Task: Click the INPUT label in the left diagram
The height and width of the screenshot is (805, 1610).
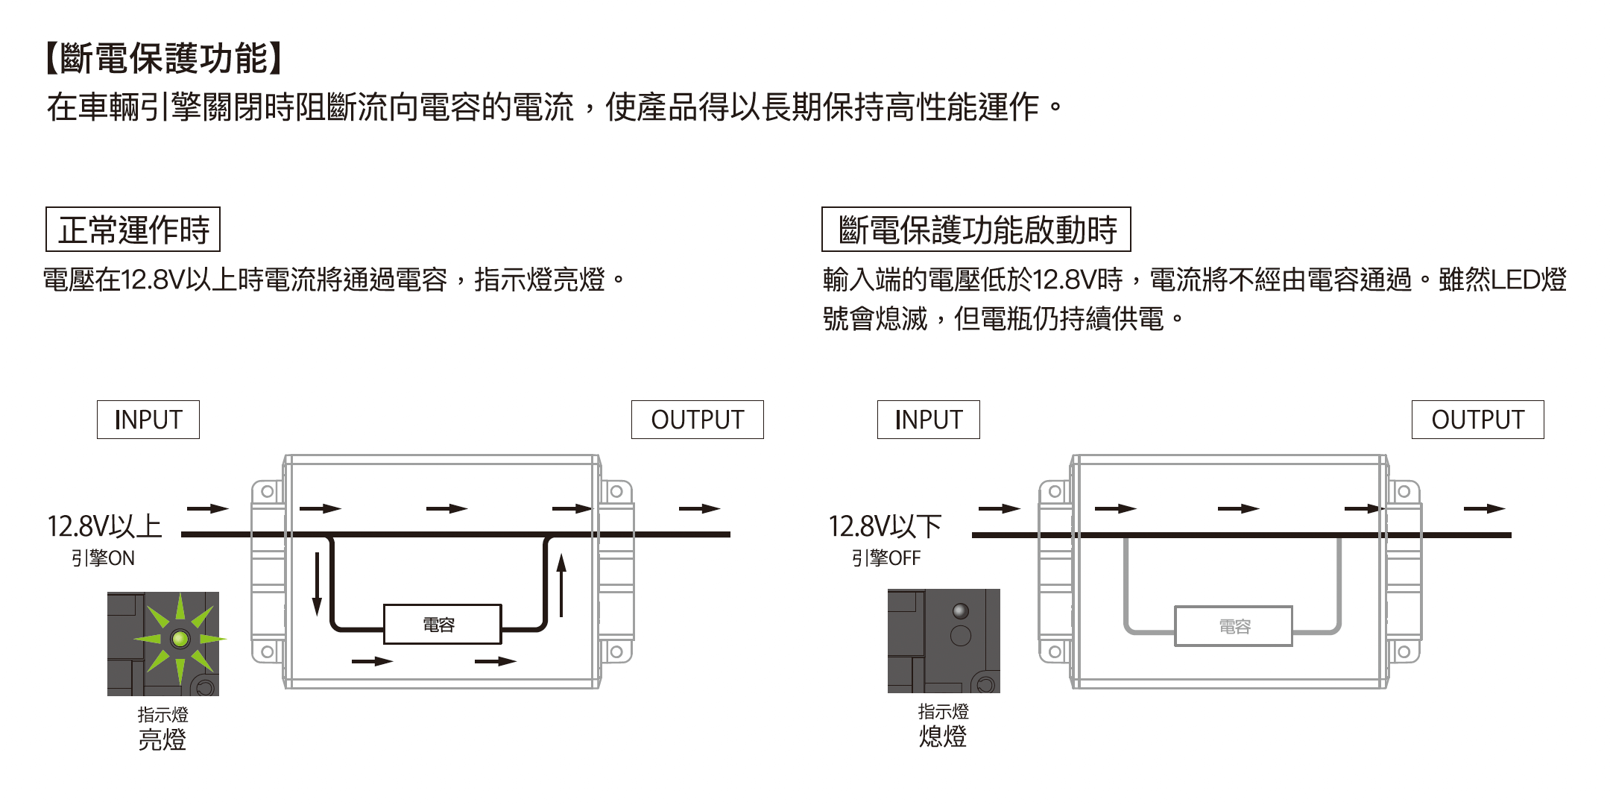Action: (x=148, y=420)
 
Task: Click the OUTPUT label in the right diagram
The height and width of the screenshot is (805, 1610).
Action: (x=1477, y=420)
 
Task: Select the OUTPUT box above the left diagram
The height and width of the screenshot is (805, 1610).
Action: (x=697, y=420)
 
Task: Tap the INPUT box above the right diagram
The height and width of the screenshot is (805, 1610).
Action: (x=928, y=420)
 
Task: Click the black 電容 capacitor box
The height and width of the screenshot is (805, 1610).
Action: (x=442, y=624)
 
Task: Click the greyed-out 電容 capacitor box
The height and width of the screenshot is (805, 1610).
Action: (x=1234, y=626)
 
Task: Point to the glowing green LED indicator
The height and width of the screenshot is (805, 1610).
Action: (x=180, y=639)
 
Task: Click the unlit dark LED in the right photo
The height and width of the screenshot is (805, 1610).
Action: (x=961, y=611)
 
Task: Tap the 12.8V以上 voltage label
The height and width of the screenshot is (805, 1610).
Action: (x=104, y=526)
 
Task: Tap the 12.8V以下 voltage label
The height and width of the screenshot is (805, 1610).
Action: (x=885, y=526)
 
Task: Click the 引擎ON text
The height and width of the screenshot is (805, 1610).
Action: (x=103, y=558)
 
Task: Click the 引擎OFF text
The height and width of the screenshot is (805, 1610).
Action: (x=885, y=558)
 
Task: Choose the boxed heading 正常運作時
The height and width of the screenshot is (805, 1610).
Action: (x=133, y=230)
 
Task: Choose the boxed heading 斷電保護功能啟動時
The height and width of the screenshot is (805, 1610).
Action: (x=976, y=230)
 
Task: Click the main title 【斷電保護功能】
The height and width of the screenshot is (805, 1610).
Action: (x=164, y=58)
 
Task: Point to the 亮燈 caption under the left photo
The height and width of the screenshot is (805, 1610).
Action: (x=162, y=740)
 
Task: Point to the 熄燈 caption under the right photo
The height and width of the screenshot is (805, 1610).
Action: (x=942, y=737)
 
